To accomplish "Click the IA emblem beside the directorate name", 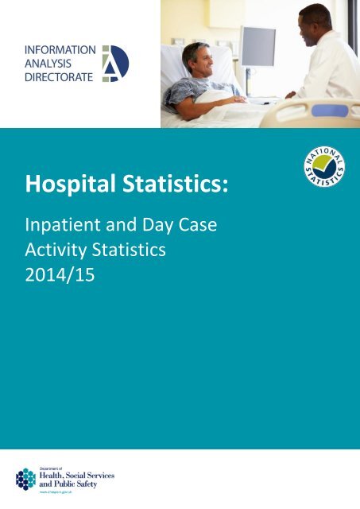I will pyautogui.click(x=114, y=63).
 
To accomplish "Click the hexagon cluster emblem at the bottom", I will pyautogui.click(x=26, y=479).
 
